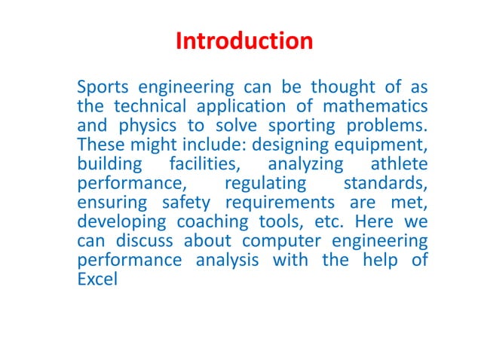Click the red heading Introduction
244,41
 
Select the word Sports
103,87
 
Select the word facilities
201,164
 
